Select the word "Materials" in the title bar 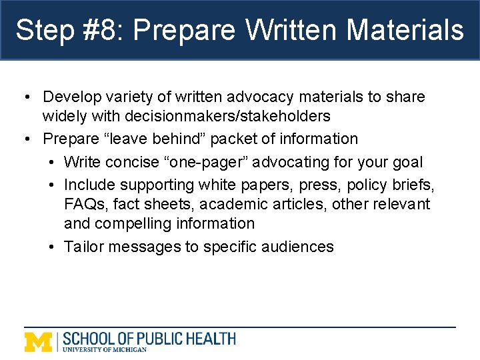[x=405, y=30]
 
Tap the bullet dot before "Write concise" [x=51, y=162]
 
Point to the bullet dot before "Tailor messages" [x=51, y=247]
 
